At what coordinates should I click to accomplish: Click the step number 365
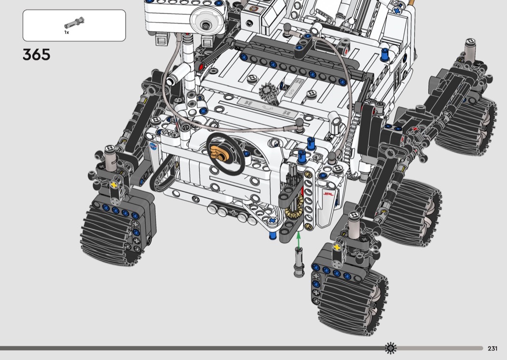click(x=37, y=55)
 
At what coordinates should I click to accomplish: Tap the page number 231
click(x=493, y=348)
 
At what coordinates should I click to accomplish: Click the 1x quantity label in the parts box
click(x=67, y=32)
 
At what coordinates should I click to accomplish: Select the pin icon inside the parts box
click(x=74, y=23)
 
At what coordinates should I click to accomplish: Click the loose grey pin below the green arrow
click(x=299, y=262)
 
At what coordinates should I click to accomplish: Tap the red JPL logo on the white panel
click(x=328, y=194)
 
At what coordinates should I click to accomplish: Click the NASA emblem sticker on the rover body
click(x=153, y=146)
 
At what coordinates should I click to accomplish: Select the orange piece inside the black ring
click(x=220, y=153)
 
